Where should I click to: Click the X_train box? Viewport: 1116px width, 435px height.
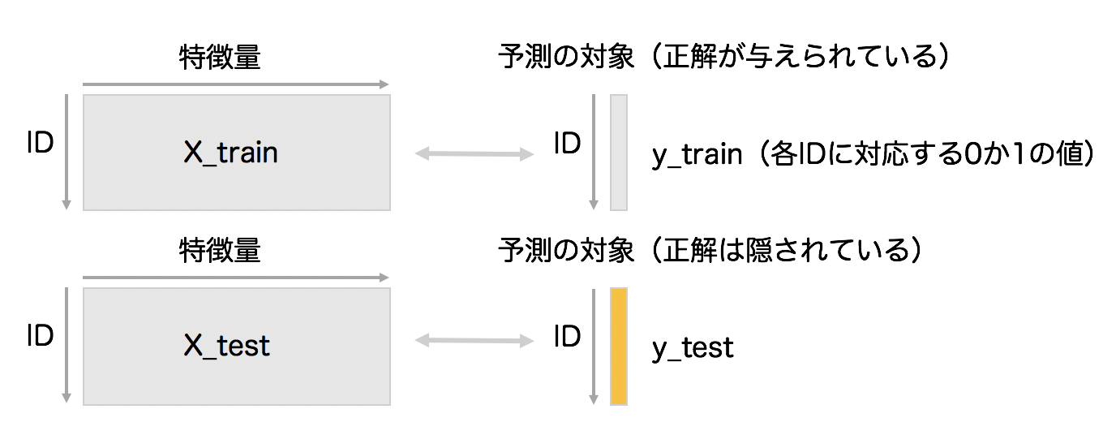pyautogui.click(x=236, y=153)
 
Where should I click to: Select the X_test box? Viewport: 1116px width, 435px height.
pyautogui.click(x=236, y=346)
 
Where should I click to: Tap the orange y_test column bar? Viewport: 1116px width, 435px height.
pyautogui.click(x=619, y=346)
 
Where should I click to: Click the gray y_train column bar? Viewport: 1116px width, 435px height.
pyautogui.click(x=619, y=153)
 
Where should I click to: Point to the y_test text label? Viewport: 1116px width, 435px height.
pyautogui.click(x=693, y=347)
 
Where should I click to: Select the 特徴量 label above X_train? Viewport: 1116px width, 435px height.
pyautogui.click(x=220, y=58)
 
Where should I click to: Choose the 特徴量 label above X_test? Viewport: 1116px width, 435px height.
pyautogui.click(x=220, y=251)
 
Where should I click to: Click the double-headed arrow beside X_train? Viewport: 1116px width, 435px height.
pyautogui.click(x=474, y=153)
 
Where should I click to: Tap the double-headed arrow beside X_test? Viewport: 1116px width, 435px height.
pyautogui.click(x=474, y=342)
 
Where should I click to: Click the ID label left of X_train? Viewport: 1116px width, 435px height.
pyautogui.click(x=40, y=143)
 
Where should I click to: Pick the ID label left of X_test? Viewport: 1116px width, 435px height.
pyautogui.click(x=40, y=336)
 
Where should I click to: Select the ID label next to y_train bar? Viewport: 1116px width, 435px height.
pyautogui.click(x=567, y=143)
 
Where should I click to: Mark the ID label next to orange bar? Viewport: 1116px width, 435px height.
pyautogui.click(x=567, y=336)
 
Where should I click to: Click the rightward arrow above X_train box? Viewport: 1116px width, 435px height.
pyautogui.click(x=235, y=84)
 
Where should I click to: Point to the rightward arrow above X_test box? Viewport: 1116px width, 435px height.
pyautogui.click(x=235, y=278)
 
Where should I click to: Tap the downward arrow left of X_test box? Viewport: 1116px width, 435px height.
pyautogui.click(x=67, y=346)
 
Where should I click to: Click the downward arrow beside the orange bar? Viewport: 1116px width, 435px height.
pyautogui.click(x=594, y=346)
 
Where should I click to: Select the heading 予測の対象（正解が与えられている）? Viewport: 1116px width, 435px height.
pyautogui.click(x=723, y=58)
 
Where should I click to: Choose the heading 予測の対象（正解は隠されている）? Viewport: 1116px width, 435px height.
pyautogui.click(x=711, y=251)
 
